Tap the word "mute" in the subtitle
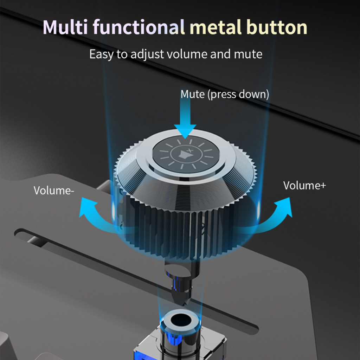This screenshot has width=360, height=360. click(x=248, y=54)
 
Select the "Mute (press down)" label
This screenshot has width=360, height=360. click(x=225, y=95)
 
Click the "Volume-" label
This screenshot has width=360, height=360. click(x=54, y=190)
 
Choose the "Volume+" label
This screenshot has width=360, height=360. click(x=304, y=185)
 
